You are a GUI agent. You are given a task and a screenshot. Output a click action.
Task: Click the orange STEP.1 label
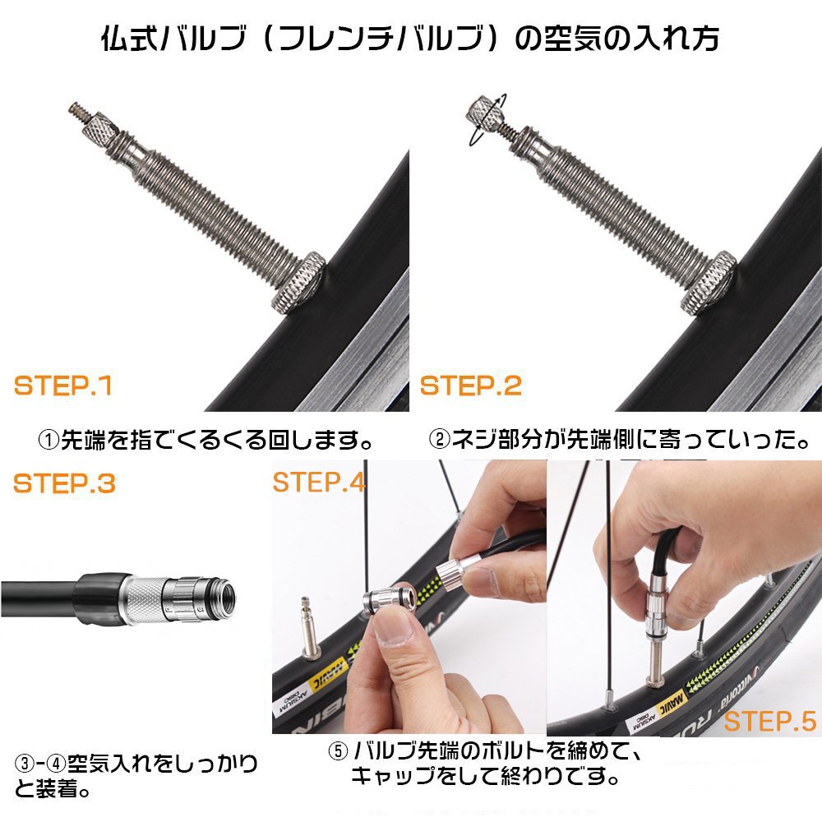coord(63,386)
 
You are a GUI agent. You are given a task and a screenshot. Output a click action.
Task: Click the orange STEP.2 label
coord(471,386)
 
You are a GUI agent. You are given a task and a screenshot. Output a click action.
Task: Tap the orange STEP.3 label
coord(64,483)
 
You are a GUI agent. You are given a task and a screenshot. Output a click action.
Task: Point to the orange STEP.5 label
coord(770,722)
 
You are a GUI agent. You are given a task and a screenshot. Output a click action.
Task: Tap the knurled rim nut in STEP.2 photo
coord(709,283)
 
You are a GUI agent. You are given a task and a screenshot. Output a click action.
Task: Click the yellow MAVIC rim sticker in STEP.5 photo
coord(671,701)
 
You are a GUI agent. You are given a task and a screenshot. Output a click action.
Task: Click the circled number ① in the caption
coord(49,440)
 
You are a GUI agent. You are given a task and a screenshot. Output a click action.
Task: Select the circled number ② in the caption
coord(439,439)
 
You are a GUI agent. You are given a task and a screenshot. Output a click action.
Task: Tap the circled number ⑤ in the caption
coord(338,751)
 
